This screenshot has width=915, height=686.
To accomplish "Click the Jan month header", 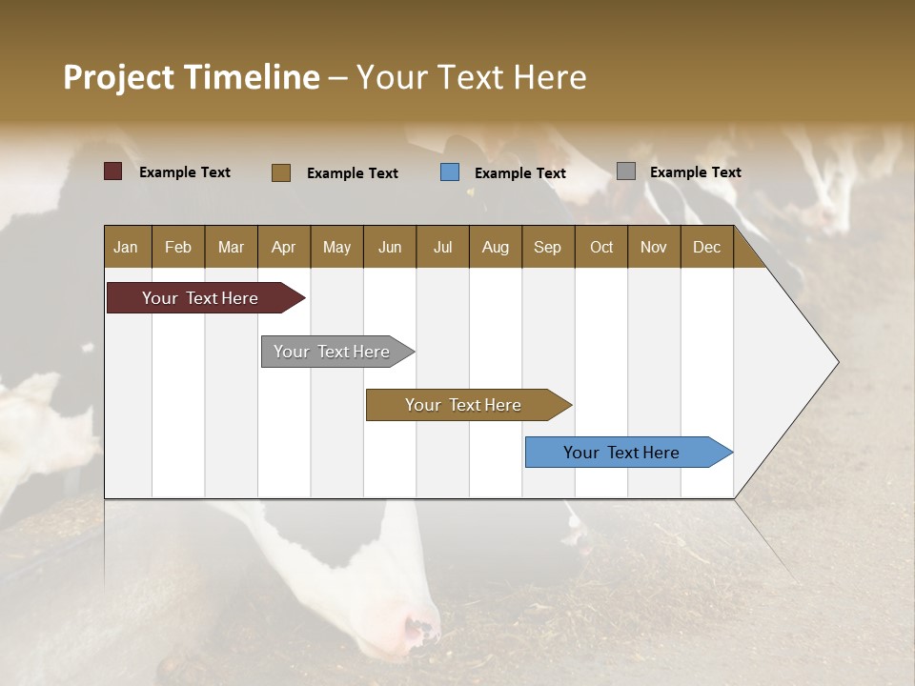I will coord(126,248).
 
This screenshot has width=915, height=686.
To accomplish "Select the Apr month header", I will coord(283,248).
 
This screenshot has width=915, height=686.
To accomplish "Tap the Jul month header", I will coord(442,248).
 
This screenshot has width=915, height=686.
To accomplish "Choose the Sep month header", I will coord(547,248).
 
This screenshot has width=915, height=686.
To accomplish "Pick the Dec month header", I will coord(706,248).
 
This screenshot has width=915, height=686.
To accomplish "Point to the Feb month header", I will coord(178,248).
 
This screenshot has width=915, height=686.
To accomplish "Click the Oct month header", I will coord(601,248).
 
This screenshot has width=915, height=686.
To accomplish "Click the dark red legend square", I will coord(113,171).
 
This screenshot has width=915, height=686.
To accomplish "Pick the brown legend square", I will coord(281,172).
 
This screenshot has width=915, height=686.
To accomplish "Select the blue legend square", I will coord(450,172).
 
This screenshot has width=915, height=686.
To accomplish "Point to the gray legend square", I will coord(626,171).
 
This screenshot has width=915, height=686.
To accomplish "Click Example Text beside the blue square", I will coord(519,173).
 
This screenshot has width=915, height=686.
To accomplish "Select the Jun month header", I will coord(390,248).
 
